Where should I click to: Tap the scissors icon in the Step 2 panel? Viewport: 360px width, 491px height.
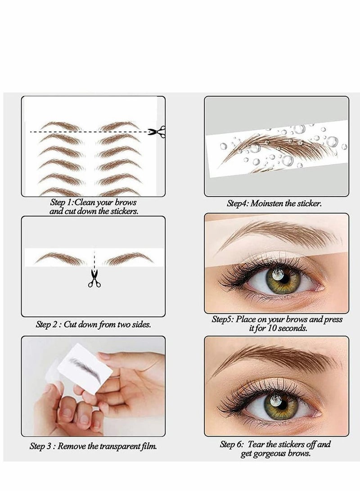(94, 279)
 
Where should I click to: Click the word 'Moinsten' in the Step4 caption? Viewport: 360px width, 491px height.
(270, 203)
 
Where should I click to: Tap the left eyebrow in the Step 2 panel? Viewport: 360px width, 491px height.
(60, 258)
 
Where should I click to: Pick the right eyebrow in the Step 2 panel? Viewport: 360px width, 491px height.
(129, 258)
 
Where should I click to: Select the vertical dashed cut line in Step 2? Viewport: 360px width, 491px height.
(94, 258)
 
